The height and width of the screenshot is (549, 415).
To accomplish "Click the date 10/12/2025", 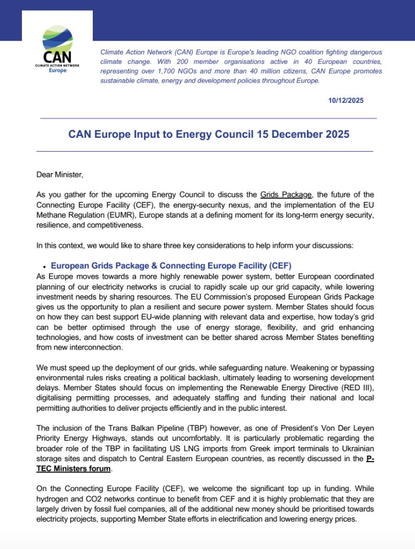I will (346, 100).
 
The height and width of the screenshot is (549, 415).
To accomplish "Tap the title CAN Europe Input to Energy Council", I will (209, 134).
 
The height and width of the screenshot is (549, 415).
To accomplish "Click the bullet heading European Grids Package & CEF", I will (171, 265).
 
